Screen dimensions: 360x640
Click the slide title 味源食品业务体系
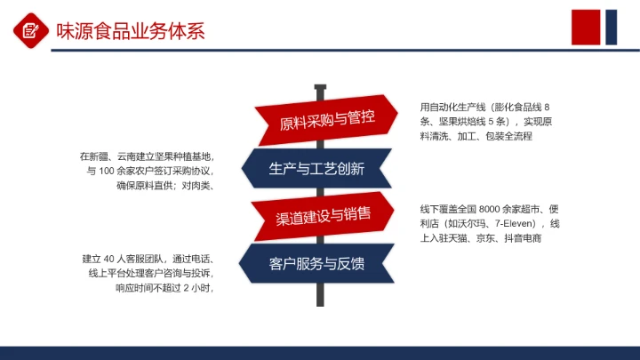point(131,32)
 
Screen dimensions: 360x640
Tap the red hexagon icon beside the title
point(30,31)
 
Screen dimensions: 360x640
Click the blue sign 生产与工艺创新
point(316,169)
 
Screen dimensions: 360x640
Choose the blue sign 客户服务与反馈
point(316,263)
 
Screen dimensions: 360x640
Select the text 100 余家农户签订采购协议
point(156,171)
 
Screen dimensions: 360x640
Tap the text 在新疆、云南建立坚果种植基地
point(147,156)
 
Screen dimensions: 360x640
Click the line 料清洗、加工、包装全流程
point(476,136)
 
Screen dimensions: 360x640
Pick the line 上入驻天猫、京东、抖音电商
point(481,238)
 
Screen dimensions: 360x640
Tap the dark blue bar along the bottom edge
point(320,353)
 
